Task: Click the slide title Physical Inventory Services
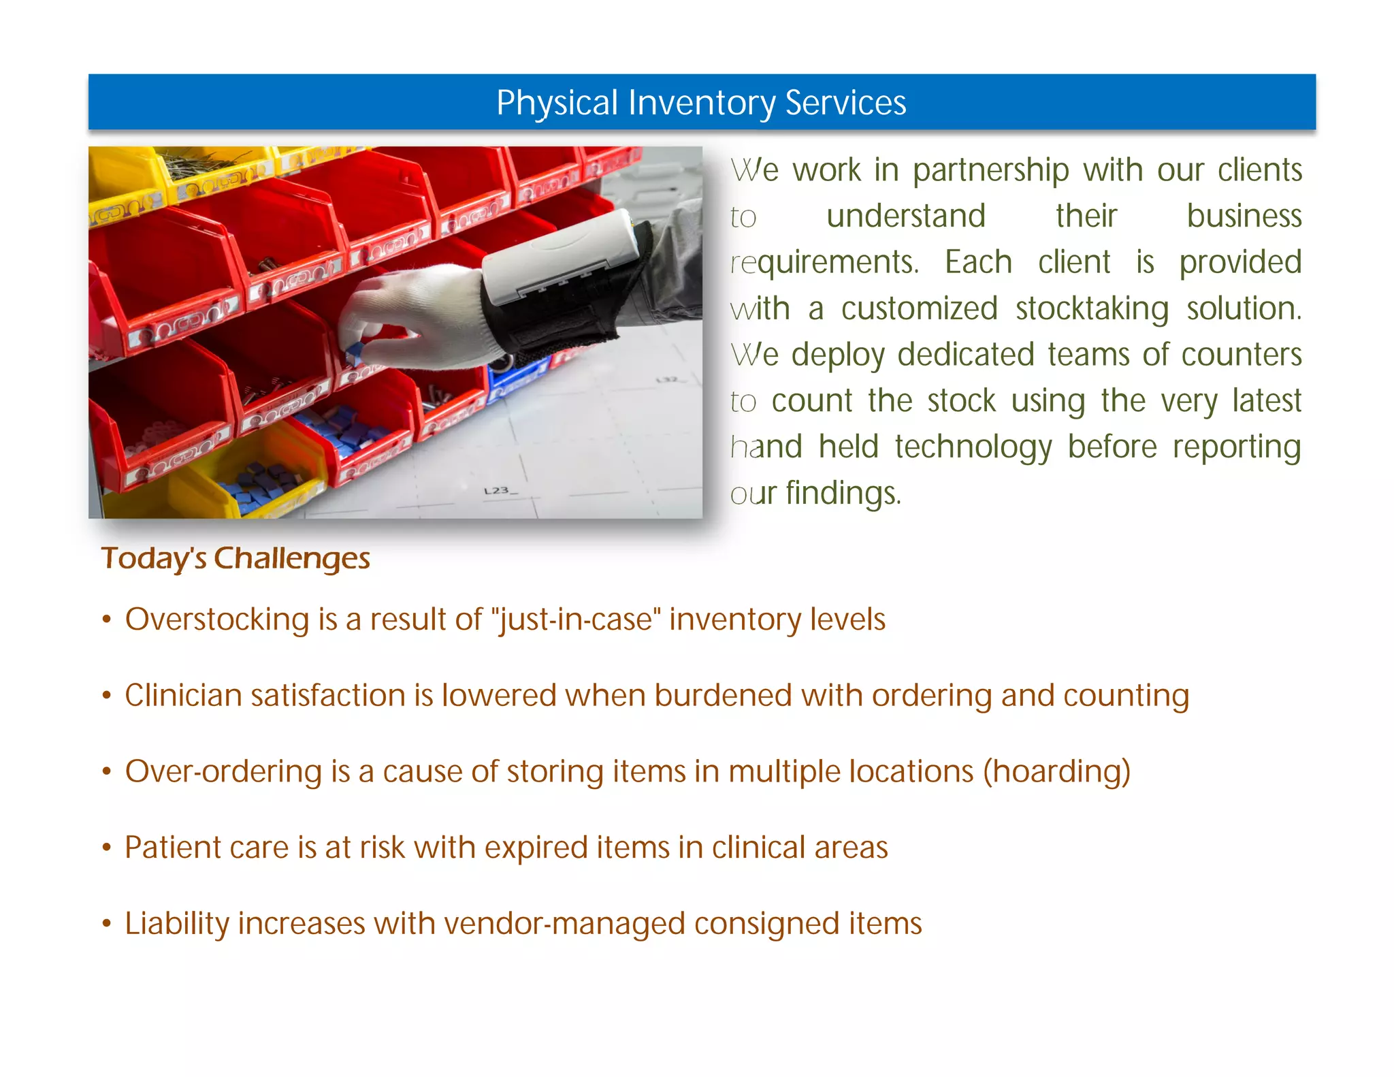point(701,103)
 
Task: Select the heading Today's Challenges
point(236,558)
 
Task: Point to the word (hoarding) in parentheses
point(1056,772)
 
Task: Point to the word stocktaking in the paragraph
point(1092,309)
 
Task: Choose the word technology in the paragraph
point(973,447)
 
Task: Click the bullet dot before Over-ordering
point(106,772)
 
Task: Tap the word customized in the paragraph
point(919,309)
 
